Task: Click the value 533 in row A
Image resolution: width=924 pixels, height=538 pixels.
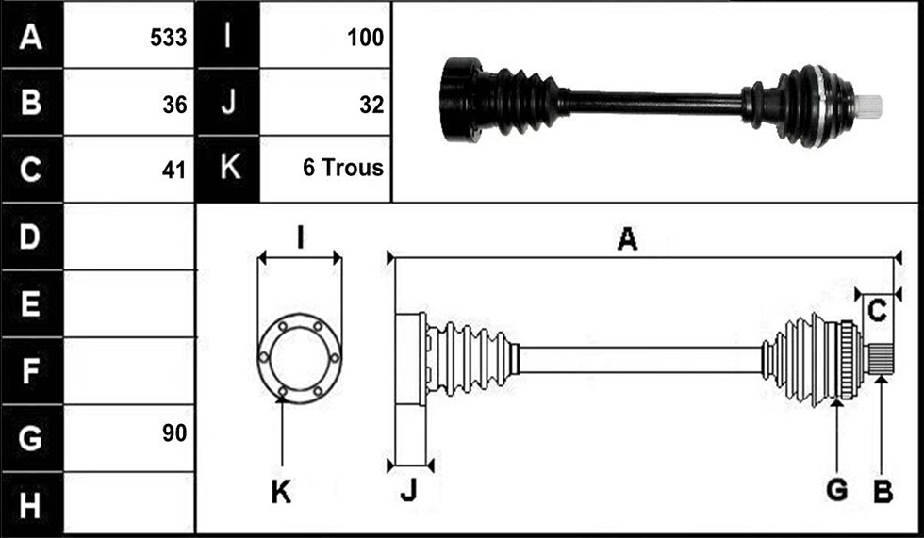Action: point(169,38)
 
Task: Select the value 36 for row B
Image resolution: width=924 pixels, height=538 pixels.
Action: point(175,105)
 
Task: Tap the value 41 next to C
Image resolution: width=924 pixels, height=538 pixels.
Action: point(174,171)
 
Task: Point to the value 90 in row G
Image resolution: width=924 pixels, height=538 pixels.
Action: point(175,433)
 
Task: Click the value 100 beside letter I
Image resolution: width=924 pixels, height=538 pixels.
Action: point(366,38)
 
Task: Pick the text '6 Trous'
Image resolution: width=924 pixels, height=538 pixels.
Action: point(343,168)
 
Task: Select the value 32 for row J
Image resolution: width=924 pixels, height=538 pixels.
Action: point(371,105)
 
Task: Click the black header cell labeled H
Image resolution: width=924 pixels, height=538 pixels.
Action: point(32,505)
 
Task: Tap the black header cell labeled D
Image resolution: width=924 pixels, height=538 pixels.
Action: point(32,236)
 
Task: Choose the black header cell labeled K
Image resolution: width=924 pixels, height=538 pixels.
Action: point(227,169)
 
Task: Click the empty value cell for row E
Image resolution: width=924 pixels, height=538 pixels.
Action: point(129,303)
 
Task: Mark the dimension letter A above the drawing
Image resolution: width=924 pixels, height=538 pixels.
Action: point(628,240)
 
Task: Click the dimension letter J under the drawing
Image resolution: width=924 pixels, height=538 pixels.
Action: point(408,490)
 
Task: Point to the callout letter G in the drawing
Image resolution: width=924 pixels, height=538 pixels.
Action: point(837,490)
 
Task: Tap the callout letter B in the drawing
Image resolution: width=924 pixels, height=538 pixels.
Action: point(883,490)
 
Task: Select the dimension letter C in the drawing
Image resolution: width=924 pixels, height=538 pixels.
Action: point(878,311)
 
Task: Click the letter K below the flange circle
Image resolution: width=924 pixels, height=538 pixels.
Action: point(281,491)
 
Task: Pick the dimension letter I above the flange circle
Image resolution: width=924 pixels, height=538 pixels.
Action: point(301,239)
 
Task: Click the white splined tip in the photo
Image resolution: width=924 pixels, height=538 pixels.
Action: point(868,106)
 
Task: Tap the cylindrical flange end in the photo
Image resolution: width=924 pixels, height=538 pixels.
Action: point(461,100)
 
